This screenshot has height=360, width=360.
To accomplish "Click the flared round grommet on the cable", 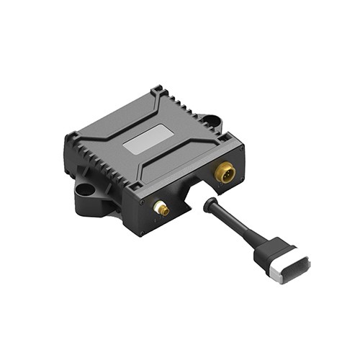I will [x=209, y=204].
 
